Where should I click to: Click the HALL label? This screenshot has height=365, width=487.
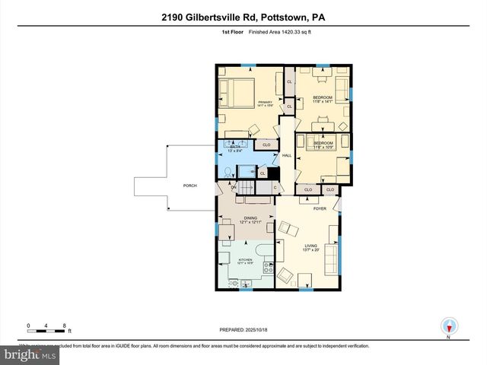point(287,156)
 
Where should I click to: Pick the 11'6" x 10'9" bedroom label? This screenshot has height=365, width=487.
point(324,144)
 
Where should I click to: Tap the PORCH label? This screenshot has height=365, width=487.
point(189,185)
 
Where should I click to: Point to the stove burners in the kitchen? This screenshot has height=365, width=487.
point(268,267)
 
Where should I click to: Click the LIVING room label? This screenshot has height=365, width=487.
point(311,247)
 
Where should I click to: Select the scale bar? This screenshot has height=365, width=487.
point(47,328)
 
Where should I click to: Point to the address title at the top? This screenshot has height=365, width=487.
point(243,17)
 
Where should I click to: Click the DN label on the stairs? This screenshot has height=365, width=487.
point(224,188)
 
